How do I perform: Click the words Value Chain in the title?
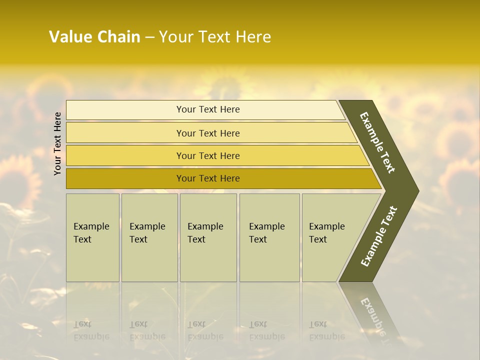tap(94, 37)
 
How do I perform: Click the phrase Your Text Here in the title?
tap(215, 37)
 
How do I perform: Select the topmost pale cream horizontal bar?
tap(208, 109)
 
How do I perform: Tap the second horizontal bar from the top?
tap(208, 133)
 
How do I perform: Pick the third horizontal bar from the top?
tap(208, 155)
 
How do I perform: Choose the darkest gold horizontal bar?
tap(208, 178)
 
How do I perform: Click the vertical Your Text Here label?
tap(57, 143)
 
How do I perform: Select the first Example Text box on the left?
tap(92, 237)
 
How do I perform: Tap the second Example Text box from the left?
tap(149, 237)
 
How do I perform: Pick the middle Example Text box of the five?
tap(208, 237)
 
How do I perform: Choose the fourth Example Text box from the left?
tap(269, 237)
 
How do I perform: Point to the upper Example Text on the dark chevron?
tap(377, 142)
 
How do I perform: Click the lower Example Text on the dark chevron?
tap(379, 236)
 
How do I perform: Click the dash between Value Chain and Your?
tap(149, 37)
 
